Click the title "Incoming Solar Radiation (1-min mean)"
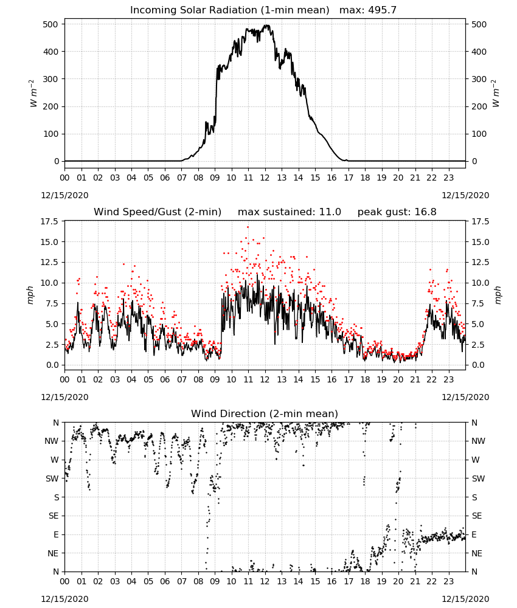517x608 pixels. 229,10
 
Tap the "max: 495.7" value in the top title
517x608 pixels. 368,10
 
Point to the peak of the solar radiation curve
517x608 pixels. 266,25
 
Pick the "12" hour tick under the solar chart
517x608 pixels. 265,178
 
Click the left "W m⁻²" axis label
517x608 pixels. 33,93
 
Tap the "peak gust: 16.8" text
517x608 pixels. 397,212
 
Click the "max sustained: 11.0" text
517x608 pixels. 290,212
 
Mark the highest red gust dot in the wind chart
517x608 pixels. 248,227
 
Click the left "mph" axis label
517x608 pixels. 30,295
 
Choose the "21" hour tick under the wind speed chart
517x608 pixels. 415,379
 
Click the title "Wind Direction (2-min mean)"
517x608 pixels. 265,413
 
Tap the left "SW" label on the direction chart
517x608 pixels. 52,478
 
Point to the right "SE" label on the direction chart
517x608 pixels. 477,516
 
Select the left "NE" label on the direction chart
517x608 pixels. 53,553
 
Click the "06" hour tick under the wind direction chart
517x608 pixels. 165,582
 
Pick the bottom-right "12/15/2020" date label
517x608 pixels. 465,599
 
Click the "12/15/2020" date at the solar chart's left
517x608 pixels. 64,195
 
